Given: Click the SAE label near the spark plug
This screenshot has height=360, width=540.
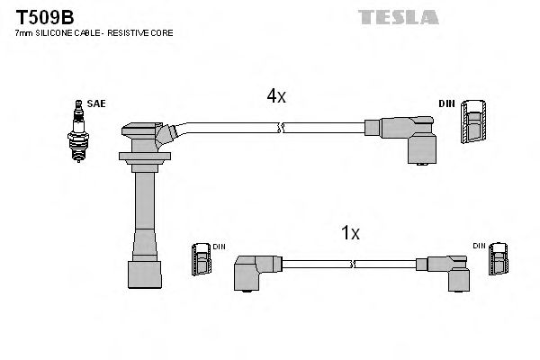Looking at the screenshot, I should point(96,104).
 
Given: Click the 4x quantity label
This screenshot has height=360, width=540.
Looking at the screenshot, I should point(274,96).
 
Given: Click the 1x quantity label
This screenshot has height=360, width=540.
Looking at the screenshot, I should point(350,233).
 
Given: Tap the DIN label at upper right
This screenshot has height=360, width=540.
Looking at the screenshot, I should point(446,104).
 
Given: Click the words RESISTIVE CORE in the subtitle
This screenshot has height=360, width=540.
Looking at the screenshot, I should point(148,32).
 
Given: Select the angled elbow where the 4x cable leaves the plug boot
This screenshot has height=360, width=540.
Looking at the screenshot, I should point(166,134).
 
